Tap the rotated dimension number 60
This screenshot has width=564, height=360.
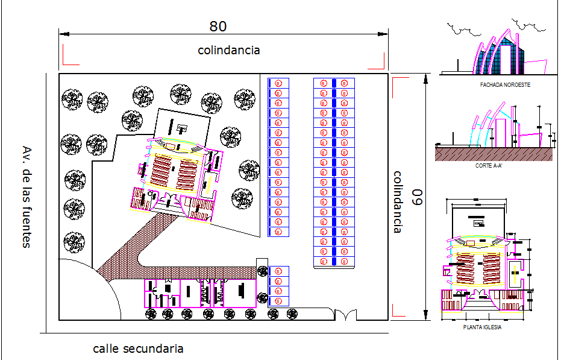click(x=415, y=197)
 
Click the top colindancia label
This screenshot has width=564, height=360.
click(x=229, y=50)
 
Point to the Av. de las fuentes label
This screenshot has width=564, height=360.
click(x=26, y=197)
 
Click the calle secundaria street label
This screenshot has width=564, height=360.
click(x=138, y=349)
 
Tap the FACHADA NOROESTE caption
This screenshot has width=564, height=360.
click(x=505, y=85)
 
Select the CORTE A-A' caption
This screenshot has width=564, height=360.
click(x=489, y=165)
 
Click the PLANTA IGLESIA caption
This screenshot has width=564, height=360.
click(x=482, y=327)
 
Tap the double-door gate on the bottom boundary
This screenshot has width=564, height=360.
click(x=346, y=315)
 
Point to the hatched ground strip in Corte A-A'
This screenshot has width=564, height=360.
click(x=494, y=154)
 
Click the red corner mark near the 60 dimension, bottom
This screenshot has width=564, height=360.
click(x=396, y=310)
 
